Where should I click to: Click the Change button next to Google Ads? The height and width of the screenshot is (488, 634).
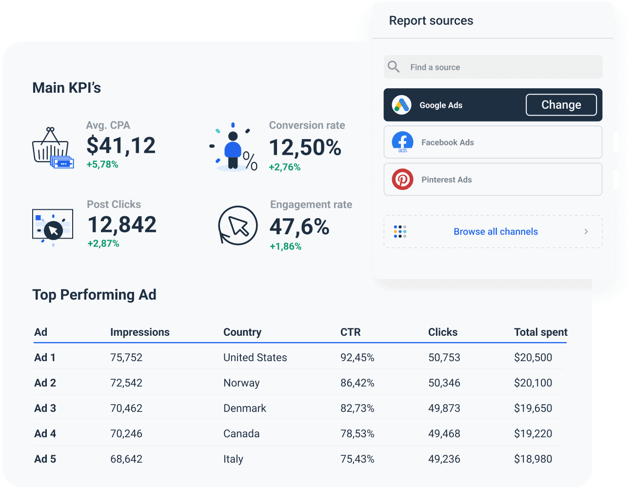pyautogui.click(x=561, y=105)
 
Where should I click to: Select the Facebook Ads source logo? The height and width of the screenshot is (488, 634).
pyautogui.click(x=402, y=142)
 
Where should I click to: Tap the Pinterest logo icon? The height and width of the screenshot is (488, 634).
pyautogui.click(x=402, y=180)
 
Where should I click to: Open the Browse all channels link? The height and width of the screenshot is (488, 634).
pyautogui.click(x=495, y=232)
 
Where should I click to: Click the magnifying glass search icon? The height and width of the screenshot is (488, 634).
pyautogui.click(x=394, y=67)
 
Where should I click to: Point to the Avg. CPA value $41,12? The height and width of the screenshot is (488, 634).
pyautogui.click(x=121, y=145)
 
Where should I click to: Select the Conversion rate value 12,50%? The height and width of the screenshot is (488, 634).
pyautogui.click(x=305, y=147)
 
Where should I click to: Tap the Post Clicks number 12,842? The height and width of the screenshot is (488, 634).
pyautogui.click(x=122, y=224)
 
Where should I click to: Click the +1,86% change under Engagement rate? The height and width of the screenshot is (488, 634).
pyautogui.click(x=285, y=246)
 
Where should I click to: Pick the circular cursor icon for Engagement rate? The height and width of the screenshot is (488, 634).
pyautogui.click(x=238, y=225)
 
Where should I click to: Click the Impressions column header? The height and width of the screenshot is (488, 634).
pyautogui.click(x=139, y=332)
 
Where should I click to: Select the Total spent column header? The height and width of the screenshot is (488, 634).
pyautogui.click(x=540, y=332)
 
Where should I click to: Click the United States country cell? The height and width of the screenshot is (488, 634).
pyautogui.click(x=255, y=358)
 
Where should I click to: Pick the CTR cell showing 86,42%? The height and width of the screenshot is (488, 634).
pyautogui.click(x=357, y=383)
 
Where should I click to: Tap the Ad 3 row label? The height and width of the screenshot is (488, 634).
pyautogui.click(x=45, y=408)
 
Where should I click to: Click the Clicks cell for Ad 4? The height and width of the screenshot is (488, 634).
pyautogui.click(x=444, y=434)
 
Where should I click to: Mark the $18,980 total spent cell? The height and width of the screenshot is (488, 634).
pyautogui.click(x=533, y=459)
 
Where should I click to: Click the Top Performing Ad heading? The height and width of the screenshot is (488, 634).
pyautogui.click(x=94, y=295)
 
